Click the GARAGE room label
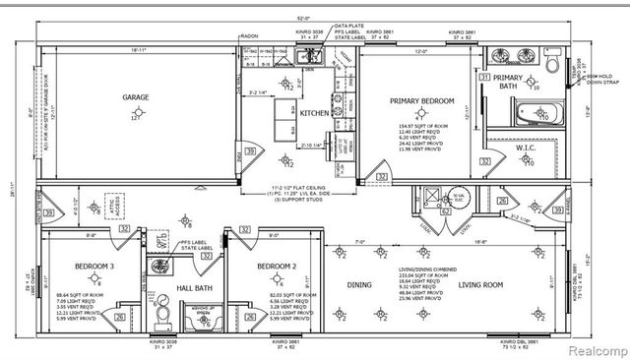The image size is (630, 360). coord(135,98)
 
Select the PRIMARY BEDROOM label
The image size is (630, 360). coord(421,101)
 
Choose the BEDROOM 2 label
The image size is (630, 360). coord(250,267)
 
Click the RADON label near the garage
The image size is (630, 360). coord(251,37)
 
